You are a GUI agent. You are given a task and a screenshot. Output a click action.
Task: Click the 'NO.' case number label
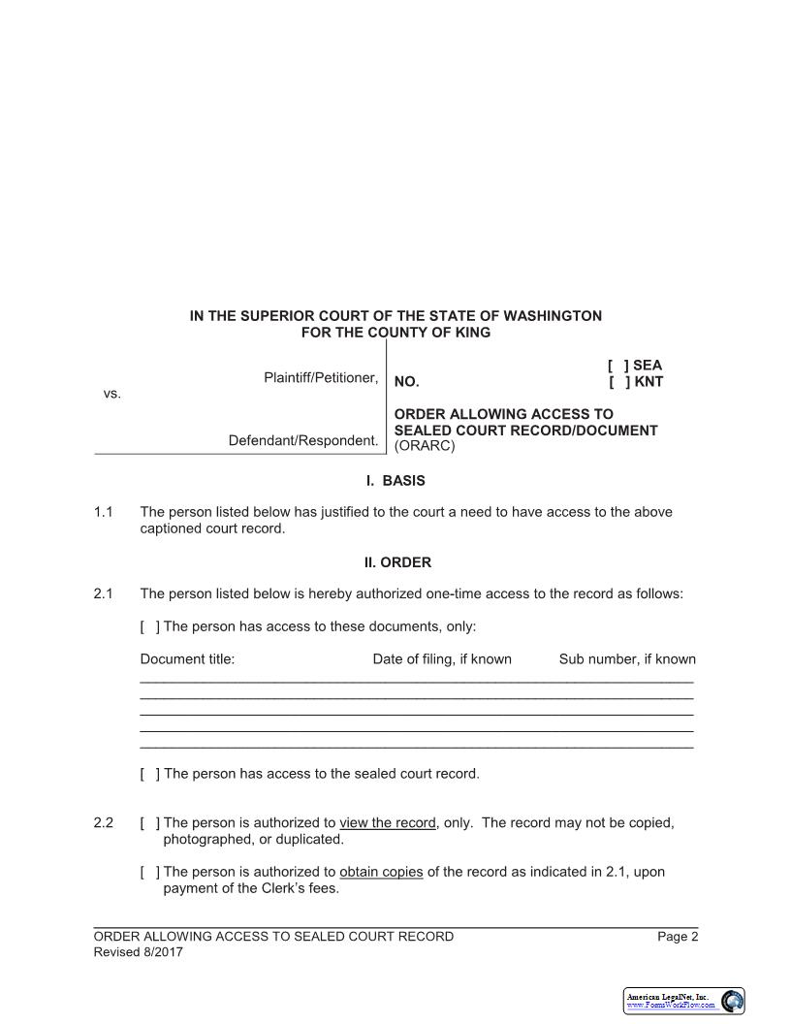click(x=406, y=382)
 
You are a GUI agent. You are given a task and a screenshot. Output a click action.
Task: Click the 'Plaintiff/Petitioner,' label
click(x=320, y=377)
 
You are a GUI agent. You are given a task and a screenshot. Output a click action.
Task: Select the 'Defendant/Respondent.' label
click(x=302, y=441)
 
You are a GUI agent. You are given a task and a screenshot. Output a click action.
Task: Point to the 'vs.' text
click(x=111, y=394)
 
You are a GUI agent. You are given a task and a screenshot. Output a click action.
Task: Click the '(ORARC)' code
click(x=425, y=447)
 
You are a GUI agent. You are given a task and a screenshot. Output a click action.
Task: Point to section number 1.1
click(x=104, y=512)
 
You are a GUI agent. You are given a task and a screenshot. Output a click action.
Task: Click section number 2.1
click(x=104, y=593)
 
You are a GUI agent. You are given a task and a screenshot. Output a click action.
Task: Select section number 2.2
click(x=104, y=823)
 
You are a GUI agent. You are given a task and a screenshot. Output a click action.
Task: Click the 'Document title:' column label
click(x=187, y=659)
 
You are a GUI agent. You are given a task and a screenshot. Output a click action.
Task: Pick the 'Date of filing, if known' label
click(x=442, y=659)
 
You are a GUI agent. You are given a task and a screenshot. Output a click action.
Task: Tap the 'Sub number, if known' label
click(x=627, y=659)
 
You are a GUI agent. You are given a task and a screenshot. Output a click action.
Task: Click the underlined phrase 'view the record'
click(x=387, y=823)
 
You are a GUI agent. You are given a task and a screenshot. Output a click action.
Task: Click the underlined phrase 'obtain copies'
click(x=381, y=872)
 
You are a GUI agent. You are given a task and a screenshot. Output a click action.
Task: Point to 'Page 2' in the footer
click(x=678, y=937)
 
